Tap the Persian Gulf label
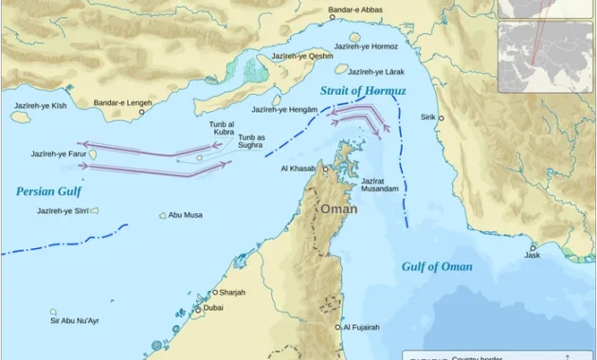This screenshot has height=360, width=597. click(48, 191)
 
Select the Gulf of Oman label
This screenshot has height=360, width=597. click(437, 266)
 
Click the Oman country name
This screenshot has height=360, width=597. click(338, 208)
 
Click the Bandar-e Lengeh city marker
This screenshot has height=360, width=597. click(142, 112)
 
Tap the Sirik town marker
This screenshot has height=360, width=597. click(441, 118)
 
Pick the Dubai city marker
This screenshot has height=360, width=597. click(197, 309)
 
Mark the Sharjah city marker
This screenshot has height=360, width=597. click(215, 292)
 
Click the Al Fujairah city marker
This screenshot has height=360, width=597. click(336, 327)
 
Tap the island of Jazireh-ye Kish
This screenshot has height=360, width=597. click(21, 117)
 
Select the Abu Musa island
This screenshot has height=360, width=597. click(162, 215)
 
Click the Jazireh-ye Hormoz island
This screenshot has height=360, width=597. click(354, 37)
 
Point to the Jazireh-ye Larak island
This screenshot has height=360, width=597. click(341, 69)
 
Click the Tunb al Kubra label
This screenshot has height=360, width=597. click(221, 128)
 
